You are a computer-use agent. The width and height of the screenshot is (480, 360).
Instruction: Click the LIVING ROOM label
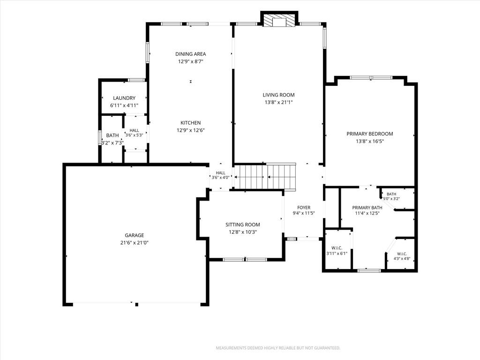click(278, 95)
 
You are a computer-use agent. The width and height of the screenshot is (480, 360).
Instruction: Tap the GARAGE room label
click(135, 235)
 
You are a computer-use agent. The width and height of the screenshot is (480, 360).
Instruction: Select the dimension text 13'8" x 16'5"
click(370, 142)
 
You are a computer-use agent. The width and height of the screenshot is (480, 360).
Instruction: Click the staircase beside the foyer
click(265, 177)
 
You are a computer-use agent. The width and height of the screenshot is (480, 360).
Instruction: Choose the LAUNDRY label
click(124, 98)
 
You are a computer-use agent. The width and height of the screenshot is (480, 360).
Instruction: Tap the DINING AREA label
click(191, 54)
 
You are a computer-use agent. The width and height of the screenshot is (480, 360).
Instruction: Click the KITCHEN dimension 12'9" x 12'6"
click(191, 130)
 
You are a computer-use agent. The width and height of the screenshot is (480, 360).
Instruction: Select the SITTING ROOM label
click(243, 225)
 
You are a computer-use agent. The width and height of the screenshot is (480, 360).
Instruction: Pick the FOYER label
click(304, 208)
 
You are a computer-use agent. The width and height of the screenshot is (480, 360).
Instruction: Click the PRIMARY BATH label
click(367, 208)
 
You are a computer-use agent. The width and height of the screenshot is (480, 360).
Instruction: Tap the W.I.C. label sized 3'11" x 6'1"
click(337, 248)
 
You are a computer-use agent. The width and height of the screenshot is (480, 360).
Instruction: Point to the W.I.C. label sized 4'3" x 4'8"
click(402, 254)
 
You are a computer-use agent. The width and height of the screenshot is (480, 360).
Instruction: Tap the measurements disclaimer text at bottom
click(278, 348)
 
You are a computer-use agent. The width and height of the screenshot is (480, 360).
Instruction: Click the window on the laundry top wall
click(136, 80)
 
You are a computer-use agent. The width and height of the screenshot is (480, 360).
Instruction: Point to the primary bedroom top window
click(371, 77)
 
